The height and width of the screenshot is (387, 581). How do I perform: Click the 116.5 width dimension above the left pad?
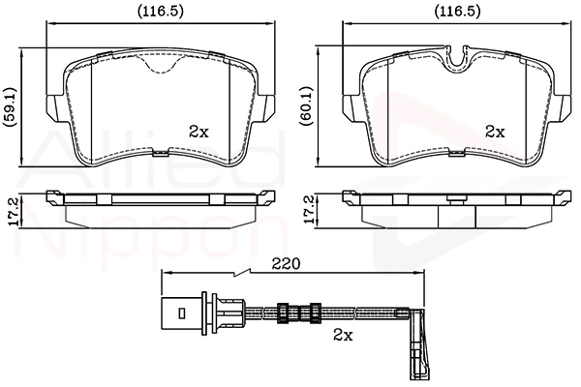coord(160,12)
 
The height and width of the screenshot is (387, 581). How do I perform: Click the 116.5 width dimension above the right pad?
coord(457,12)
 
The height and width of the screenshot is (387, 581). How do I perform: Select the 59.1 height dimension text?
coord(10,107)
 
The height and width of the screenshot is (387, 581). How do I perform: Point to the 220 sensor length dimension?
coord(286,264)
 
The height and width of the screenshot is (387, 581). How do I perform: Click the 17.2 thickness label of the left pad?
coord(15,212)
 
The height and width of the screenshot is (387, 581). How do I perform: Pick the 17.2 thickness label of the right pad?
coord(309,209)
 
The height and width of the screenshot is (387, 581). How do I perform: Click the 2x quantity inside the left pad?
coord(199,132)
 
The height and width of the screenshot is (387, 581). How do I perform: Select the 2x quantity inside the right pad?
coord(495,132)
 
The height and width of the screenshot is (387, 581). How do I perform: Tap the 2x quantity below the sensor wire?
coord(343,335)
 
